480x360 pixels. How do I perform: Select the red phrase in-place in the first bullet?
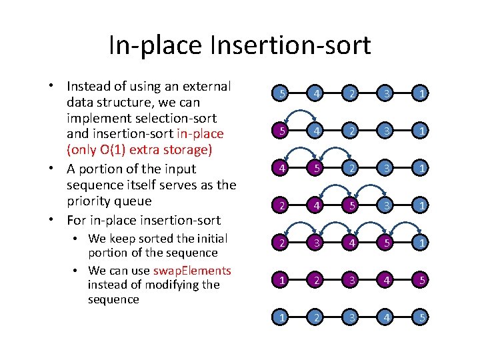(x=200, y=135)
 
